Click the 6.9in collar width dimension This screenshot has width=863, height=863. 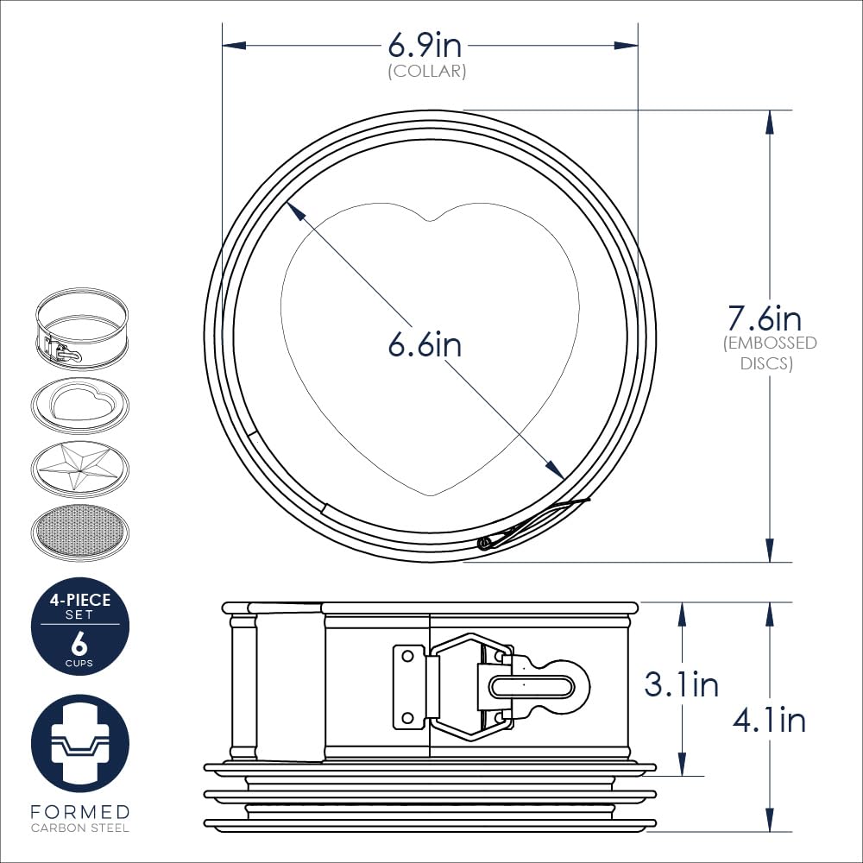425,45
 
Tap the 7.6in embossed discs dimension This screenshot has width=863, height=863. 765,318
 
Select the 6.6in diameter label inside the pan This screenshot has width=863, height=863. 425,344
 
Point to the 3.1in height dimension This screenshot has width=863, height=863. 682,684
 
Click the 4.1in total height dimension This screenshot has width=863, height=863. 769,720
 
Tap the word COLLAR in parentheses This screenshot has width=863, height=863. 427,71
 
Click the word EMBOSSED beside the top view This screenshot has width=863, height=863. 770,343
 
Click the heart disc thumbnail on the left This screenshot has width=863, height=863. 79,406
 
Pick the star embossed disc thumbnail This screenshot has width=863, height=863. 79,469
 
